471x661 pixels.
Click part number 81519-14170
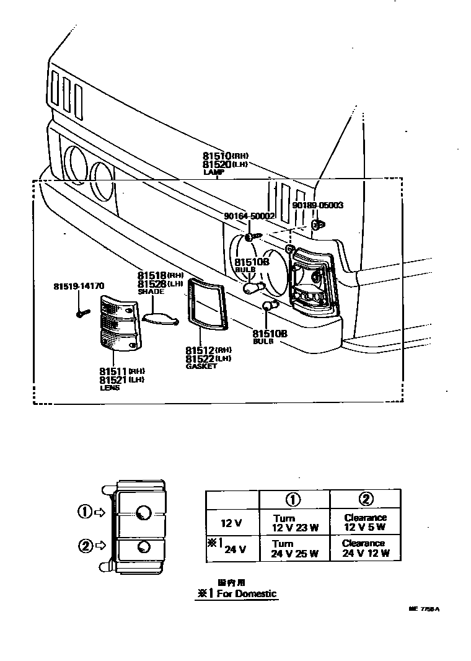tap(79, 286)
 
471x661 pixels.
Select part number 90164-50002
tap(249, 216)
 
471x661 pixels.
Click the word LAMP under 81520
tap(213, 172)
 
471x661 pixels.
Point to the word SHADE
tap(151, 291)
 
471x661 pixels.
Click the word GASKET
tap(201, 366)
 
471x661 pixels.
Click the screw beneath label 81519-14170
tap(80, 314)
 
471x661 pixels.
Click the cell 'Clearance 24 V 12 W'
tap(364, 549)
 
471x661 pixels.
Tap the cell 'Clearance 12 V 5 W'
tap(365, 523)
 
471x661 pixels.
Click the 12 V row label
tap(231, 523)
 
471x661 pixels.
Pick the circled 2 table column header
tap(365, 499)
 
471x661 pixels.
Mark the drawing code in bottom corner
tap(423, 609)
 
